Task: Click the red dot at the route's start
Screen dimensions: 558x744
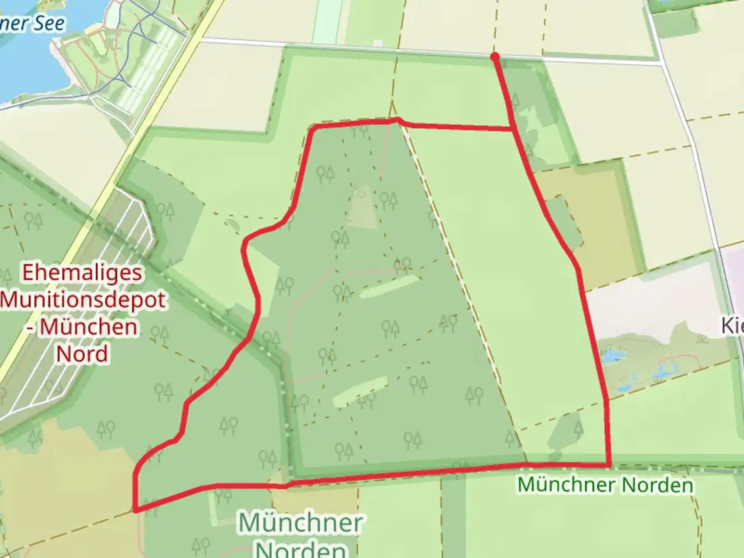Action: point(495,56)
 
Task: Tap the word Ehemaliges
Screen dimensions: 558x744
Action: point(82,272)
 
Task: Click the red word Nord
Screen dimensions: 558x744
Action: point(82,354)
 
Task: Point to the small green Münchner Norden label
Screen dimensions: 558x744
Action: point(605,485)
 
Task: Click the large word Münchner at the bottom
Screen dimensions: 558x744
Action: point(300,523)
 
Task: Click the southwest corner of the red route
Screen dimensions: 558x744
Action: point(136,510)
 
